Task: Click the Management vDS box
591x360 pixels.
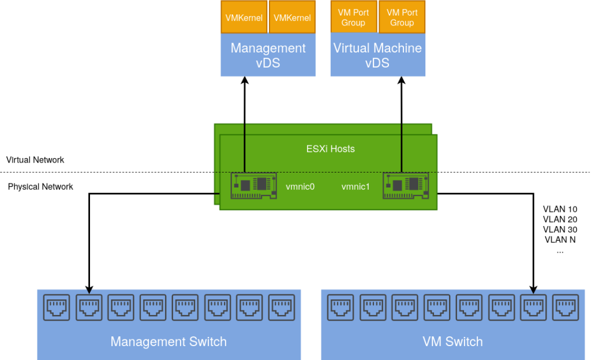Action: [x=268, y=55]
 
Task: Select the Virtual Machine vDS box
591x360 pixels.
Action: [x=377, y=55]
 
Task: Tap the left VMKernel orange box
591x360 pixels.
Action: [x=244, y=18]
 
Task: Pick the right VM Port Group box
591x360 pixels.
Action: [x=402, y=18]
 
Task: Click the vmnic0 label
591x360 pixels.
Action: [x=300, y=187]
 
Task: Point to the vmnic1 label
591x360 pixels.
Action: [x=356, y=187]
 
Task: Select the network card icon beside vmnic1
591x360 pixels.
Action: [x=406, y=185]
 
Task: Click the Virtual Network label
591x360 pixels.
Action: [x=35, y=160]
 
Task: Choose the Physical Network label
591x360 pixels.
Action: [x=40, y=187]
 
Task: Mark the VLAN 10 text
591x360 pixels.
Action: [x=560, y=209]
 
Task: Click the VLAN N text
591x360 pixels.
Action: [x=560, y=240]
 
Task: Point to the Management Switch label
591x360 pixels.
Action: [x=169, y=342]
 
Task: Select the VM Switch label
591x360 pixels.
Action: [x=452, y=342]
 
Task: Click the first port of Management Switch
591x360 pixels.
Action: [x=57, y=307]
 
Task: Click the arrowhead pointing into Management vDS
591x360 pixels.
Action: [x=244, y=81]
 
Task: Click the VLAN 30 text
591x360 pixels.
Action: [x=560, y=230]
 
